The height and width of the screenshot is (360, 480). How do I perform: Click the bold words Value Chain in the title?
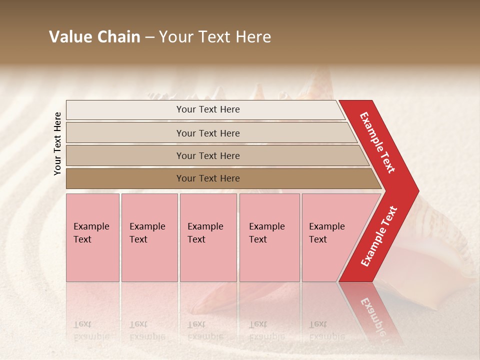pos(94,37)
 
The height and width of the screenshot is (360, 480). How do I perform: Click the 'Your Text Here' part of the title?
pos(215,37)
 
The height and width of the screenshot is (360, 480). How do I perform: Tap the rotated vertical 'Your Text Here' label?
pos(57,143)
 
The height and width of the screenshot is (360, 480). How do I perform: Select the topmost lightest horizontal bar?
pos(125,110)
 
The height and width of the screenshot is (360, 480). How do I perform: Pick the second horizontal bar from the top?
pos(125,133)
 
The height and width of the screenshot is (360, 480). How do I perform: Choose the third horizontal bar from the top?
pos(125,155)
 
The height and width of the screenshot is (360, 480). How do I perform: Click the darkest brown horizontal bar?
pos(125,178)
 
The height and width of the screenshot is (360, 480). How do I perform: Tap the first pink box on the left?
pos(92,260)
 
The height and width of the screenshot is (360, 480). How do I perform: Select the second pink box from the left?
pos(149,260)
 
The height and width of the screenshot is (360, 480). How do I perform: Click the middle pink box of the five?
pos(208,260)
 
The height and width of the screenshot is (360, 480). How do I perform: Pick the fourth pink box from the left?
pos(269,260)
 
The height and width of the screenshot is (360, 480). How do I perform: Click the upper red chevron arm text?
pos(377,142)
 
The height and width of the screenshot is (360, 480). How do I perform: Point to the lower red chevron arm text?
pos(379,236)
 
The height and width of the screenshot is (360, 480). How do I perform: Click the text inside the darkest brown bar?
pos(208,178)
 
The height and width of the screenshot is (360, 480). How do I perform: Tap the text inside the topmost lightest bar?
pos(208,109)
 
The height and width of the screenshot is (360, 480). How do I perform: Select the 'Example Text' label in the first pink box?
pos(91,233)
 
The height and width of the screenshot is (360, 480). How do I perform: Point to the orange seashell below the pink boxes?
pos(220,300)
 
